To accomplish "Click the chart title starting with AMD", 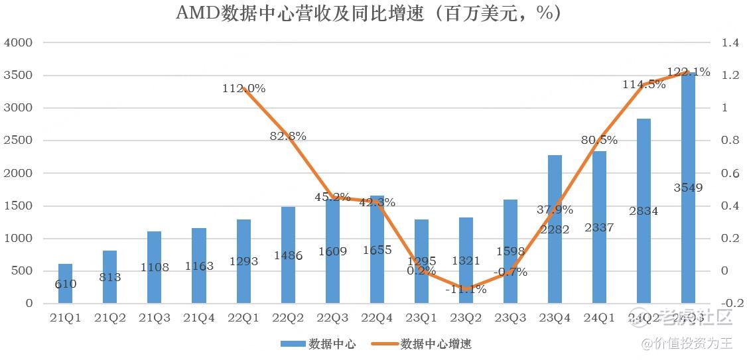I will pos(368,13).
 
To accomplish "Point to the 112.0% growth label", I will pos(244,88).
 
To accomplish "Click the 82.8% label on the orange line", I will pos(288,136).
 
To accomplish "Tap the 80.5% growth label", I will pos(599,140).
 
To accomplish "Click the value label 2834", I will pos(644,211).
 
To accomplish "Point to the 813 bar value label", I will pos(110,277).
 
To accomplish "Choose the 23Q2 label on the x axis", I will pos(466,318).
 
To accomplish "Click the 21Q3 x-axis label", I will pos(155,318).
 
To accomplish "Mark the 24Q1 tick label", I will pos(599,318).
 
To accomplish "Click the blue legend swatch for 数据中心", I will pos(293,343).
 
